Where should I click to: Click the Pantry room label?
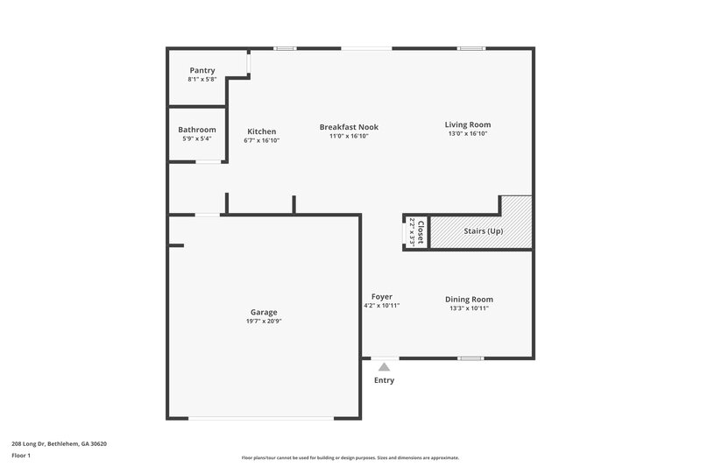click(x=202, y=70)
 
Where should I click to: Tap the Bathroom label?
click(x=197, y=130)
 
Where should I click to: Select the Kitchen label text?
click(x=261, y=131)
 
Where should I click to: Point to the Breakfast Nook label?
click(x=349, y=127)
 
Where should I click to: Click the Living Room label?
click(x=468, y=124)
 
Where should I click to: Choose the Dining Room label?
click(x=470, y=299)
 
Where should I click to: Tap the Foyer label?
click(x=381, y=296)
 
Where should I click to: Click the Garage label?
click(x=264, y=312)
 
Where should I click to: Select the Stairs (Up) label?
click(x=483, y=230)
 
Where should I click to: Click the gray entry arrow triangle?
click(x=384, y=367)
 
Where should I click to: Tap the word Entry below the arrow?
click(x=384, y=380)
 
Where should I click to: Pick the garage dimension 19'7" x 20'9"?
click(x=264, y=322)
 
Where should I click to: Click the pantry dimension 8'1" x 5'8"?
click(x=202, y=80)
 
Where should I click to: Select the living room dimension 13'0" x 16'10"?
click(x=468, y=135)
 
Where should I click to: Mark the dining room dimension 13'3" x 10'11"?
click(x=470, y=308)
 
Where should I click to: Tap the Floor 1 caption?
click(x=21, y=456)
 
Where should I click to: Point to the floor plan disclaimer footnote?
click(x=350, y=457)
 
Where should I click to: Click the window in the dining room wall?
click(x=471, y=357)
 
